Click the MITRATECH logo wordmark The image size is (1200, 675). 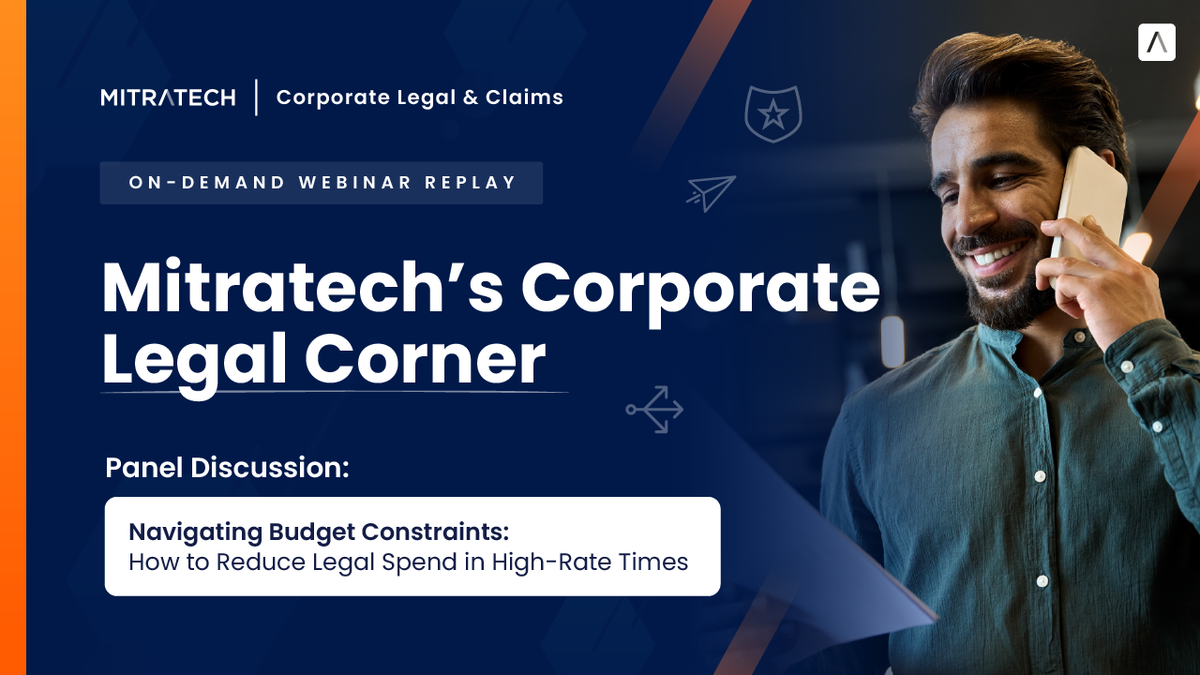168,97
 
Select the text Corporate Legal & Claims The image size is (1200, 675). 419,97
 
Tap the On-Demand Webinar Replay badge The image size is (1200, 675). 322,183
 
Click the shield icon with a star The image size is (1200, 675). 772,113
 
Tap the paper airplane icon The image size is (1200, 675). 711,192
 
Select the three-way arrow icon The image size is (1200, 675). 655,409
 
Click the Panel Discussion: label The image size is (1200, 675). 227,468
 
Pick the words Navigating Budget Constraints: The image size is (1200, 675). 319,532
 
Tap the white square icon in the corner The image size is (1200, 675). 1156,43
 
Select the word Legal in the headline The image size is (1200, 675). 194,361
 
